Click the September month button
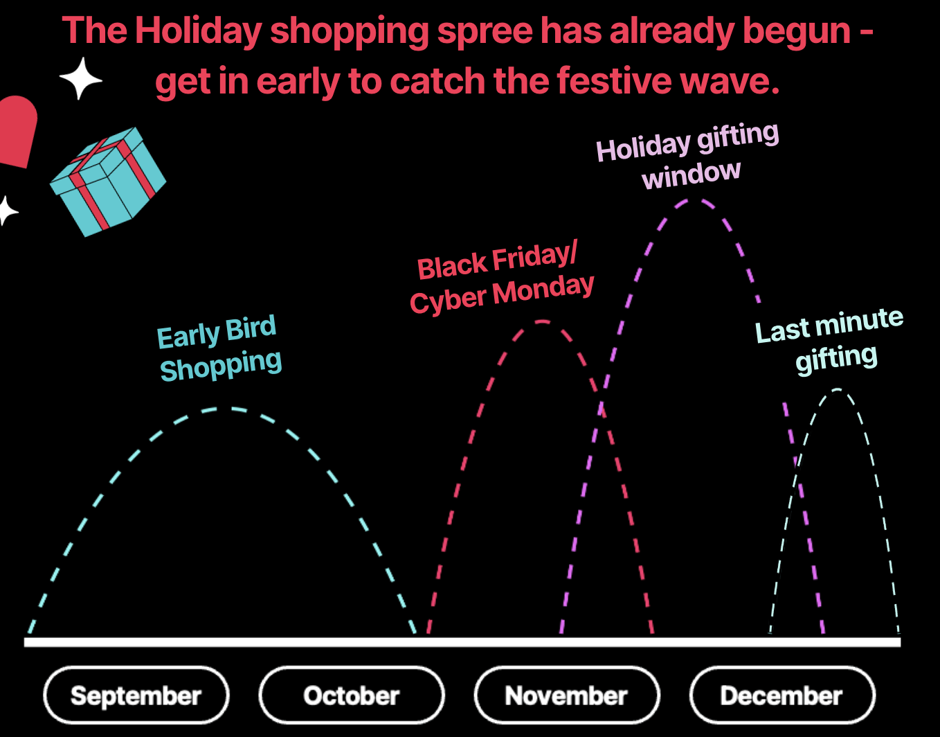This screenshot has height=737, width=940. click(x=136, y=695)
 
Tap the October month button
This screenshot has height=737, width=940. click(x=352, y=695)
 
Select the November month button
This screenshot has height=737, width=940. click(x=566, y=695)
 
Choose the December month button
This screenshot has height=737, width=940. click(x=781, y=695)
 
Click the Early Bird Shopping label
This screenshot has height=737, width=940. click(x=219, y=348)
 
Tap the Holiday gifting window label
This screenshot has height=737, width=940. click(x=689, y=157)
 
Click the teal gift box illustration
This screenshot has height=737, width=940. click(x=108, y=181)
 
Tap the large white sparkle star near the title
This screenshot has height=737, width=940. click(x=80, y=78)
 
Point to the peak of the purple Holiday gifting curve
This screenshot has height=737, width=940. click(x=695, y=201)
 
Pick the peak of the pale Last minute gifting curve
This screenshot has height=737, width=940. click(x=838, y=390)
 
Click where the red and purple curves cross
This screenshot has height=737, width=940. click(x=602, y=405)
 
